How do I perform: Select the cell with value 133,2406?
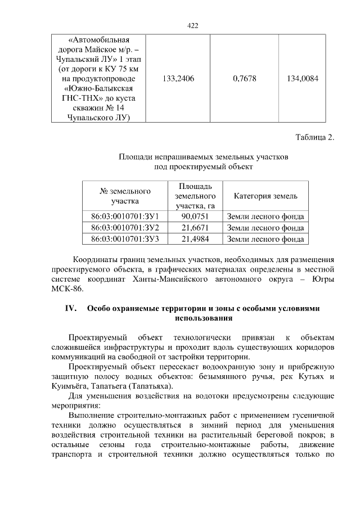(178, 79)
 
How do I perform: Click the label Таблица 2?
(314, 137)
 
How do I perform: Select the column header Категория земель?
(265, 196)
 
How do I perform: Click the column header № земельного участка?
(125, 196)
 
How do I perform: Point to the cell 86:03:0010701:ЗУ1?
(125, 217)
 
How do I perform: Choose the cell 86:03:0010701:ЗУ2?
(125, 228)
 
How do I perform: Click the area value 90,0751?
(195, 217)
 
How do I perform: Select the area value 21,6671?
(195, 228)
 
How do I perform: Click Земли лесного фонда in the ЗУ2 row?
(265, 228)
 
